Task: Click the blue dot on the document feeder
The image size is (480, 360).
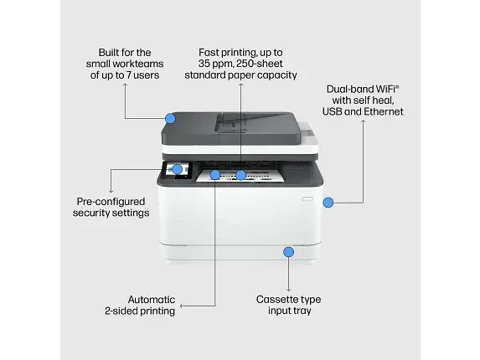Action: tap(170, 119)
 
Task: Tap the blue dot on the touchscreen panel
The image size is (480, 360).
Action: tap(177, 169)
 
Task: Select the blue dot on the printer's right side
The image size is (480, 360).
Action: tap(328, 202)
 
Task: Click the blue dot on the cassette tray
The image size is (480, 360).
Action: tap(288, 251)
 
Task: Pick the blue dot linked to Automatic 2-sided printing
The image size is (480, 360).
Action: tap(215, 175)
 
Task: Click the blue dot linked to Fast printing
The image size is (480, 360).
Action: tap(241, 175)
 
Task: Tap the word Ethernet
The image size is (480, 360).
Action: tap(382, 111)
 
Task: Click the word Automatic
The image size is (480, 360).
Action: tap(151, 299)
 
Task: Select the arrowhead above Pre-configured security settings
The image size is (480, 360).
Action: tap(111, 189)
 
